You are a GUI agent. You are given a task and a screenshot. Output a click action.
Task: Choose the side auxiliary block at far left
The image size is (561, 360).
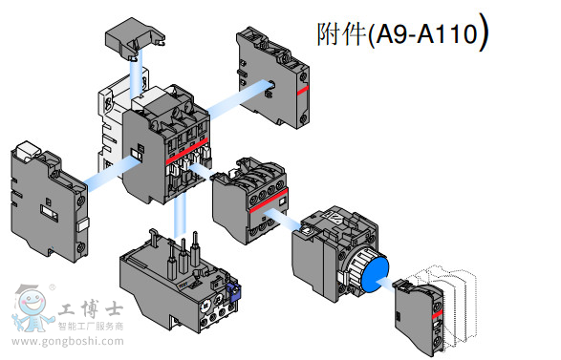tap(43, 197)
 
